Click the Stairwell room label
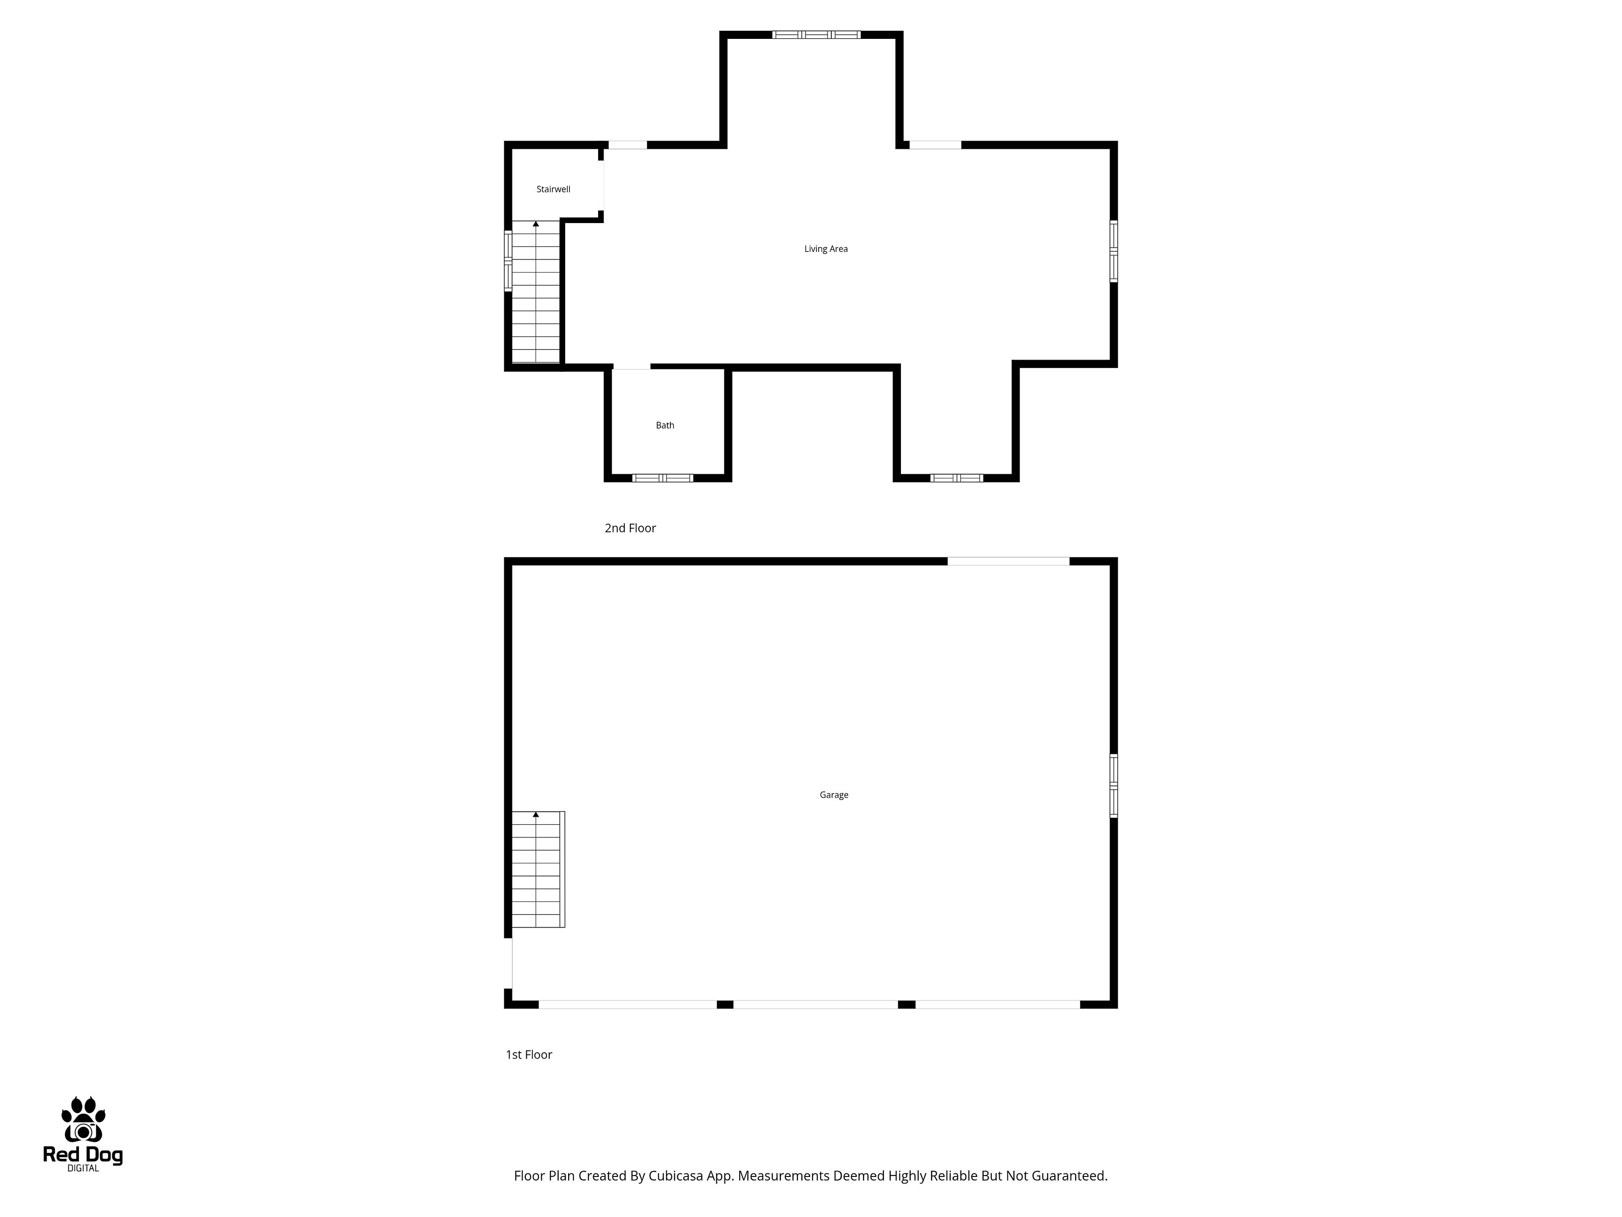[553, 189]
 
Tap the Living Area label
[826, 248]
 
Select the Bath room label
[664, 426]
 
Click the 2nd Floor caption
[630, 528]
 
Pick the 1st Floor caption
[529, 1054]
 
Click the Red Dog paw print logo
[83, 1120]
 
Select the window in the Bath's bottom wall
[663, 478]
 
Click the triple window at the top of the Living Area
[816, 35]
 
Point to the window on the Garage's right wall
[1113, 786]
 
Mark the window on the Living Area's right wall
[1113, 251]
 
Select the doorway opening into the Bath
[631, 367]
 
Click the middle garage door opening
[815, 1004]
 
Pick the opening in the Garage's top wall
[1008, 561]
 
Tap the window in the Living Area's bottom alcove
[956, 478]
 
